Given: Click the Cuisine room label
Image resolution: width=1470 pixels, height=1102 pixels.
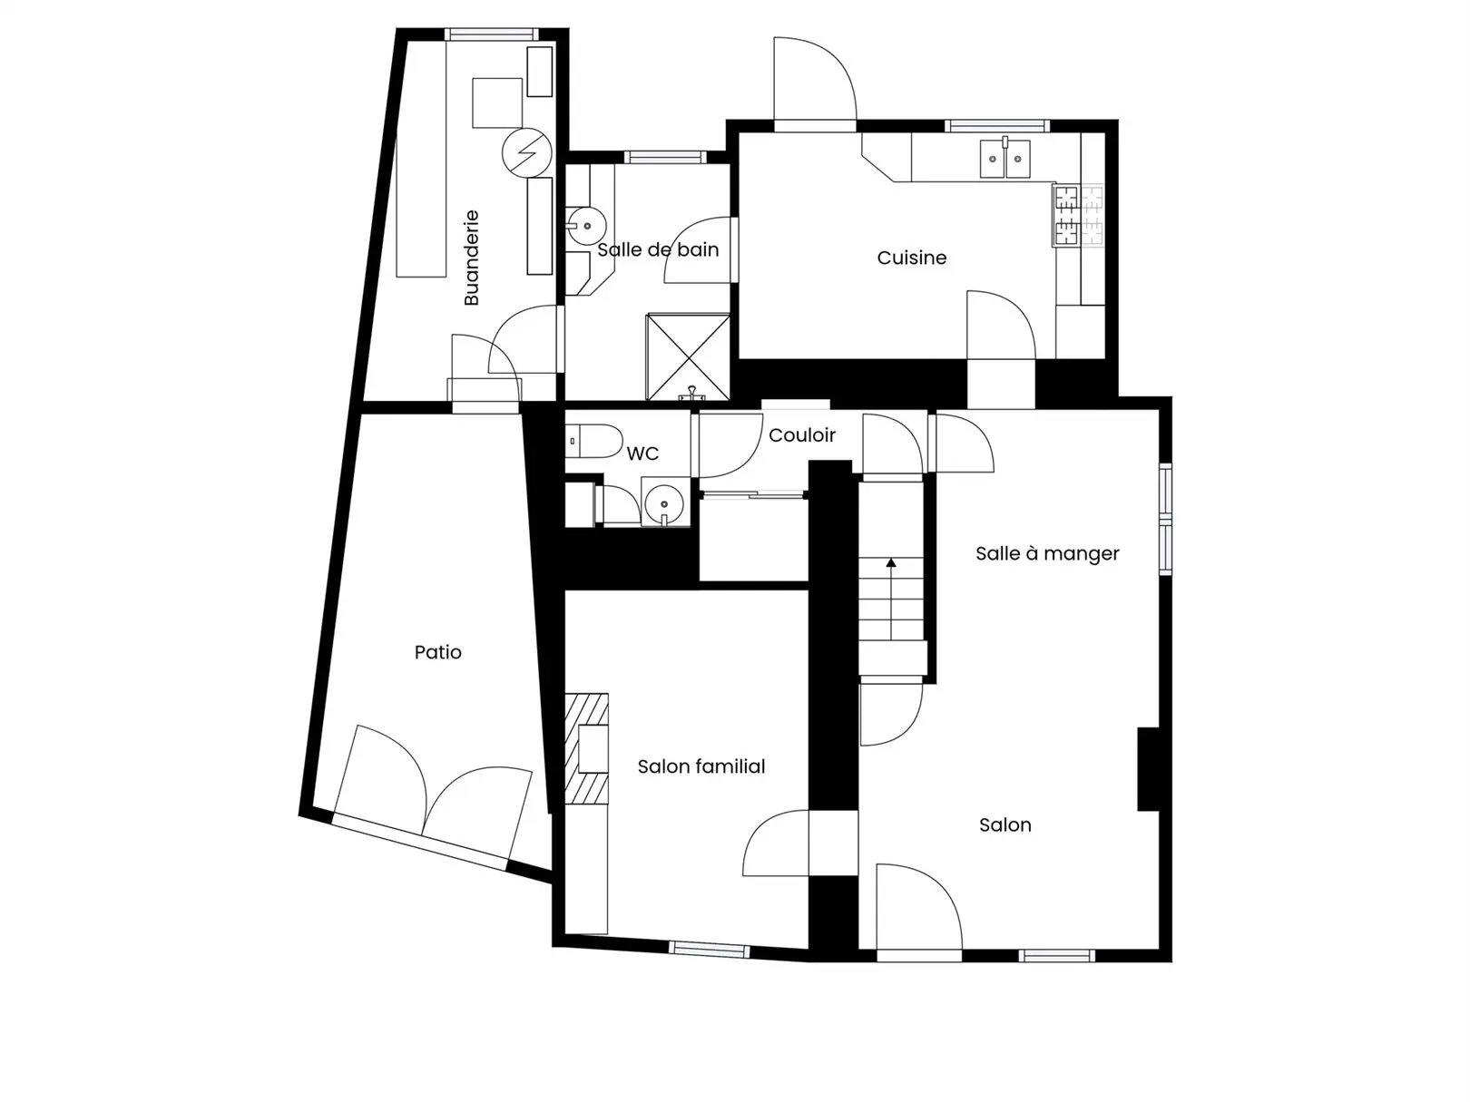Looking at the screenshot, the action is click(911, 258).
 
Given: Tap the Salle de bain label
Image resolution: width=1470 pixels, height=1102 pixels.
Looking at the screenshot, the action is click(658, 249).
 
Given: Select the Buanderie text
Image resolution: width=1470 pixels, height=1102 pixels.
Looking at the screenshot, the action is click(472, 258).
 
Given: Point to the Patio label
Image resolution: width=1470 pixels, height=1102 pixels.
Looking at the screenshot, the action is click(438, 652).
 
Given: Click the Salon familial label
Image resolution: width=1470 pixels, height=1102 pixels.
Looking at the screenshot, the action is click(701, 766).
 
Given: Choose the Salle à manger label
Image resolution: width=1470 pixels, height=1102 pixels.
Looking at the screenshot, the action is click(1047, 553).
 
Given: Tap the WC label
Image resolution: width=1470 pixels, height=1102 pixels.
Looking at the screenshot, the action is click(643, 453).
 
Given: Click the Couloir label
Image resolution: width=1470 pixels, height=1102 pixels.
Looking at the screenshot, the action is click(801, 435).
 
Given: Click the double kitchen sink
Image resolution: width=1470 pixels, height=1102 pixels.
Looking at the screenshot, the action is click(1004, 158).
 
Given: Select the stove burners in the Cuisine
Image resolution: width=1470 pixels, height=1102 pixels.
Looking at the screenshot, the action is click(1078, 216).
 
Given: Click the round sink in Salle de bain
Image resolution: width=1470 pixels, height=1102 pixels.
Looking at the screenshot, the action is click(586, 226).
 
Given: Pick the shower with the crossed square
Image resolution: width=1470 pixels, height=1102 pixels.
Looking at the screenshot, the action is click(688, 356).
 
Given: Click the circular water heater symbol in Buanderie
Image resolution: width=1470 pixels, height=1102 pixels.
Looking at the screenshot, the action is click(527, 152).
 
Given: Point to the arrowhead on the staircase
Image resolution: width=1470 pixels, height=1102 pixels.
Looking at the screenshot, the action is click(891, 562).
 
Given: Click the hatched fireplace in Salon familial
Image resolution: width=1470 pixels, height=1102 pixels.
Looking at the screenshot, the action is click(587, 748).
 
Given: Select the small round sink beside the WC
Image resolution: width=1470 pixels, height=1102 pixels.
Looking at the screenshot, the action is click(663, 502).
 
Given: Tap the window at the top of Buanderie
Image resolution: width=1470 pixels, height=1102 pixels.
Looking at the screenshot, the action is click(492, 34).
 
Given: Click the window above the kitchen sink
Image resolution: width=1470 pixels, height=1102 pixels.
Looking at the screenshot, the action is click(996, 126).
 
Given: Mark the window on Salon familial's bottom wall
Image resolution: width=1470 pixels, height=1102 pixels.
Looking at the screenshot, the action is click(710, 950).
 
